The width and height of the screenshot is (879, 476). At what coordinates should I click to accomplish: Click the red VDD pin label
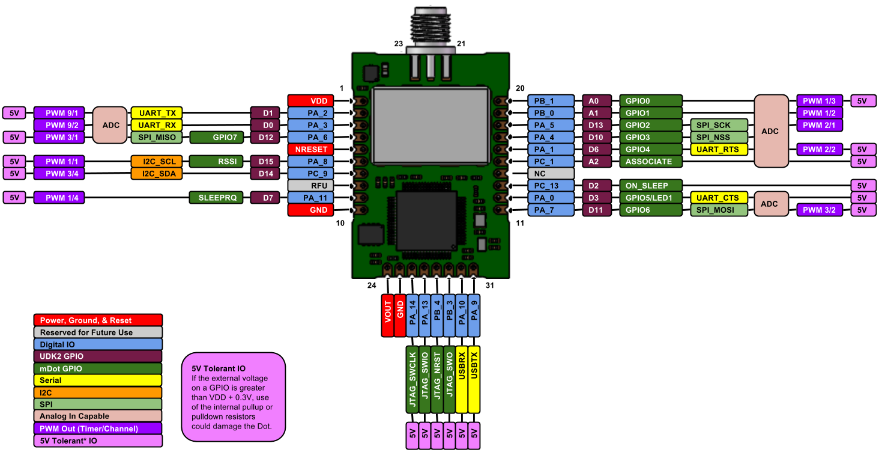point(310,101)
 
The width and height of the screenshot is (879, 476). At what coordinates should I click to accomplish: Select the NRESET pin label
point(310,149)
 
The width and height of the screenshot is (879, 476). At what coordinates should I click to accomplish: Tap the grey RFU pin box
point(310,186)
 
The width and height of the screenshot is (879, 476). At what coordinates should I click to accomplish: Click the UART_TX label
point(157,113)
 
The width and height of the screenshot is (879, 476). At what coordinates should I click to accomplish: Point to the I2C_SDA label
point(157,174)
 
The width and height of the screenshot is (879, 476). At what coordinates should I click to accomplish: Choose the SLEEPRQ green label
point(216,198)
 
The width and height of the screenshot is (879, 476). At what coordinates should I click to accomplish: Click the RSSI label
point(216,162)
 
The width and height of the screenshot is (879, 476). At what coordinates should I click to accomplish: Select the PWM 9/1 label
point(59,113)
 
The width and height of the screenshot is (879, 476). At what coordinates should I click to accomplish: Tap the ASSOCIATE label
point(651,162)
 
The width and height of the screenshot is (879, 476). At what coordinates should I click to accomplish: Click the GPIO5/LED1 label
point(651,198)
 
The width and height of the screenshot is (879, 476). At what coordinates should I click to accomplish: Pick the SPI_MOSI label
point(719,210)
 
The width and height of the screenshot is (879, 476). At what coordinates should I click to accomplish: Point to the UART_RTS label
point(719,149)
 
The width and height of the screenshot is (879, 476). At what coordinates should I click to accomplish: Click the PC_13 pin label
point(551,186)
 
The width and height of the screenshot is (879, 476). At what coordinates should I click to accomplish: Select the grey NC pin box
point(551,174)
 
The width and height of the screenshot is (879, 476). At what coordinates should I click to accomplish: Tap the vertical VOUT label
point(388,316)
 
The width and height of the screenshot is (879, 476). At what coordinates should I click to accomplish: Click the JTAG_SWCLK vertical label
point(412,379)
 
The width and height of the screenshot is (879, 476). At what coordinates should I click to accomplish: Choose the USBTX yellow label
point(474,379)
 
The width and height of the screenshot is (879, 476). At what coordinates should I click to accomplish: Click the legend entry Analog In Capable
point(98,416)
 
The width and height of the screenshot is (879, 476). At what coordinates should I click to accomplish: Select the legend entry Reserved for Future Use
point(98,332)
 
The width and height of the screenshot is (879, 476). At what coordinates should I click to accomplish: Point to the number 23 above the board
point(399,43)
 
